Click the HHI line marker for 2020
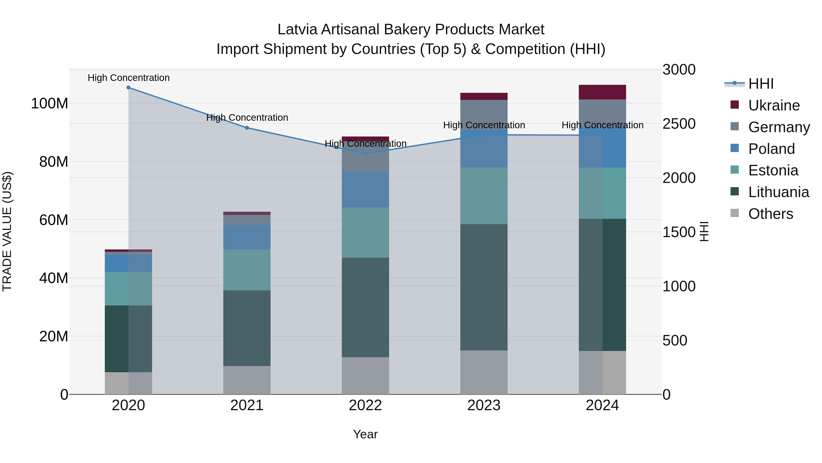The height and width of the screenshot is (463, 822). pos(128,88)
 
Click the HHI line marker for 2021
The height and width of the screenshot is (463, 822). pos(247,128)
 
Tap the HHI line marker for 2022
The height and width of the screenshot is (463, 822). pos(365,153)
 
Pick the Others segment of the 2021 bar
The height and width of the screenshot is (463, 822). pos(247,380)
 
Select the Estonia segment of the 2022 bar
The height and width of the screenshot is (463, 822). pos(365,232)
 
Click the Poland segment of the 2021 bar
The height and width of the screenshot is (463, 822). pos(247,237)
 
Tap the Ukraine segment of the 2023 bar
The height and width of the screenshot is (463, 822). pos(484,96)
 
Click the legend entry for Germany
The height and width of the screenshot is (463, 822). pos(779,127)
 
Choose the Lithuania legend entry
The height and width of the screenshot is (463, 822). pos(778,192)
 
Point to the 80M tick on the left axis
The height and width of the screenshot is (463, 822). pos(53,162)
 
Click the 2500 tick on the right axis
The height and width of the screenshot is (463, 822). pos(679,124)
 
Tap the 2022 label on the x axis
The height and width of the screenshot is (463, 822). pos(365,405)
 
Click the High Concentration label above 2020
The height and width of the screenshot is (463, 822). pos(129,78)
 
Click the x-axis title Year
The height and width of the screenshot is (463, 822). pos(365,434)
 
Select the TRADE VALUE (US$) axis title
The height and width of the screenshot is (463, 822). pos(7,231)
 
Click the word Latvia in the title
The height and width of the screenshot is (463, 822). pos(297,29)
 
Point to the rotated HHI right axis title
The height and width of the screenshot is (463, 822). pos(704,231)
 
